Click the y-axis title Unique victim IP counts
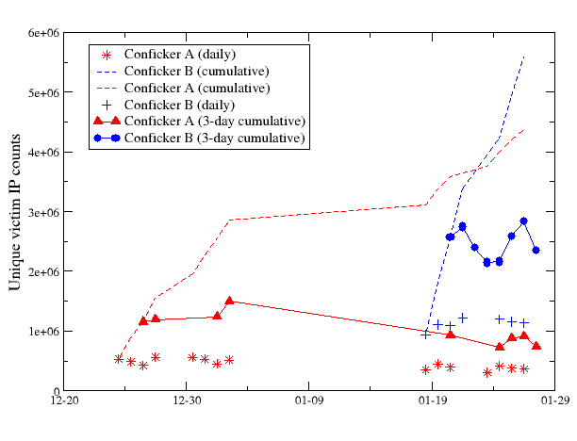click(16, 212)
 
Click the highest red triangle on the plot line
click(229, 302)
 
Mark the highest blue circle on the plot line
click(523, 221)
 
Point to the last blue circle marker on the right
click(536, 250)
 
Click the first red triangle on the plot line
click(143, 321)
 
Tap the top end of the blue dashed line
click(524, 56)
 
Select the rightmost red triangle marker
click(536, 346)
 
